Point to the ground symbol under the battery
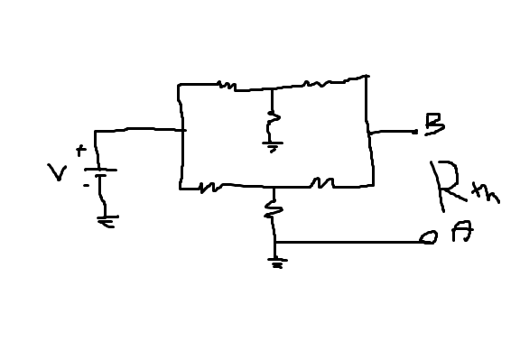coord(106,220)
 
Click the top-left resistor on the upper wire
coord(227,86)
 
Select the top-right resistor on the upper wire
coord(317,85)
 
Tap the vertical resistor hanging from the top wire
coord(272,118)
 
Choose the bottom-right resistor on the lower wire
coord(321,184)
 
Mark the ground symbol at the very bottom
coord(276,263)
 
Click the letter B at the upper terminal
coord(434,125)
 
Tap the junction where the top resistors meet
coord(272,88)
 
